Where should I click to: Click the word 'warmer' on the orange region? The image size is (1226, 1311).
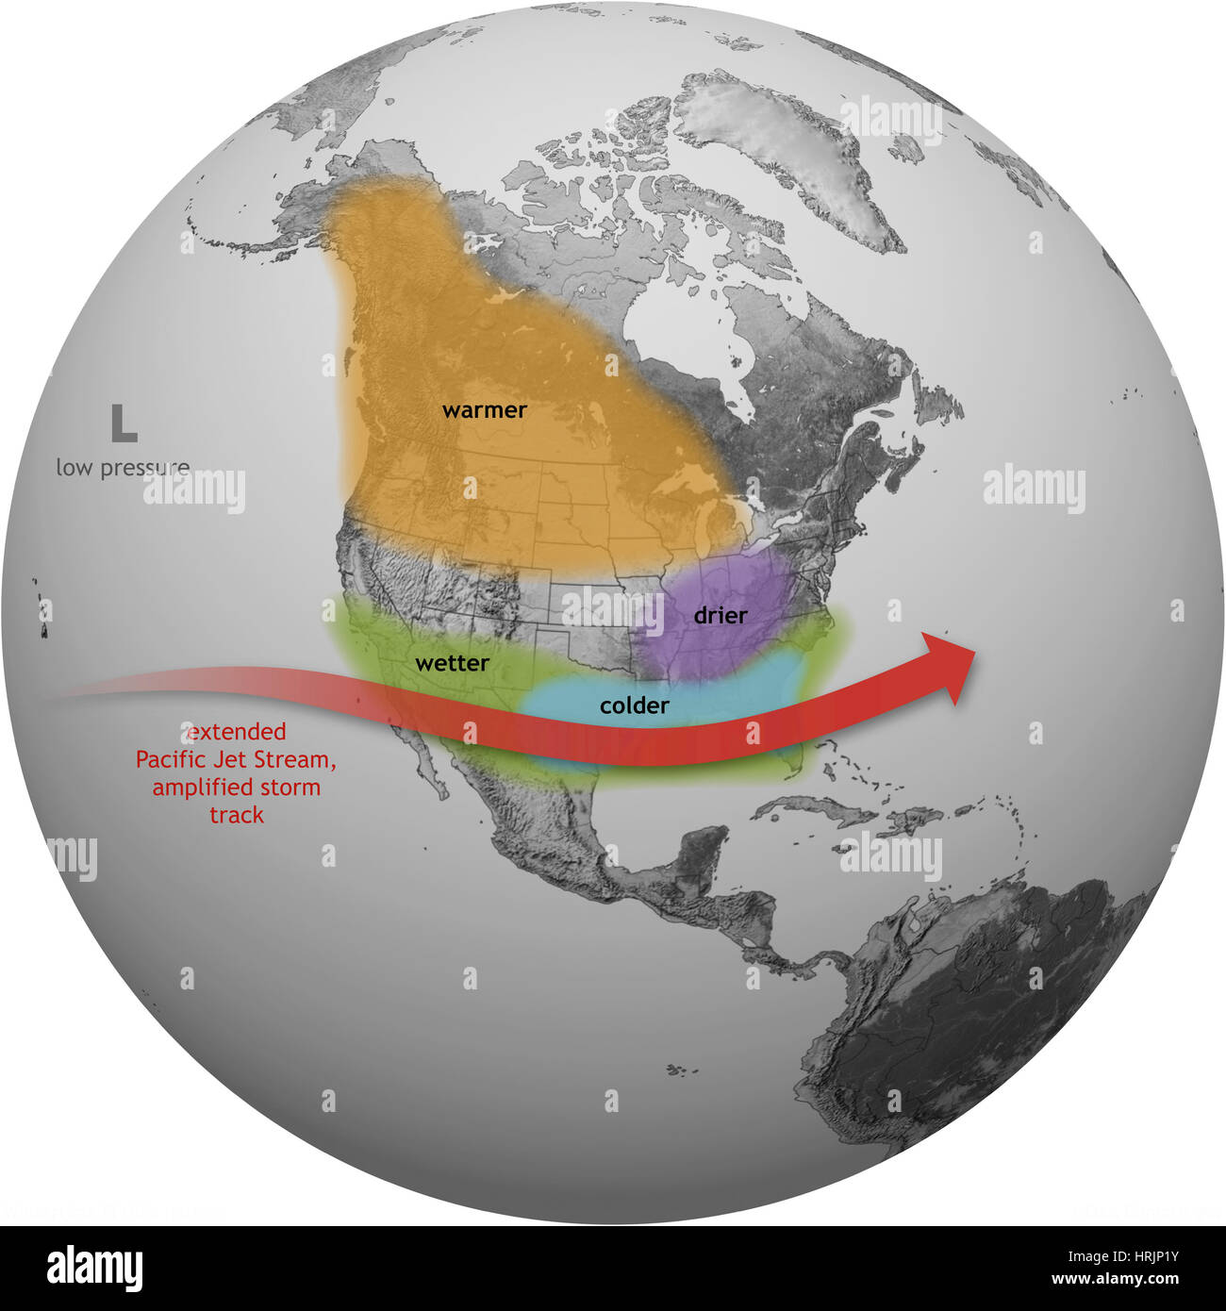click(x=484, y=410)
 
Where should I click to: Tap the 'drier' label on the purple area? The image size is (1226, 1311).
click(x=721, y=616)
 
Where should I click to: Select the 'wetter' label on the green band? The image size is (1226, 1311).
click(x=452, y=663)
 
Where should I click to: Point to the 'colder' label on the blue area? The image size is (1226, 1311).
click(x=635, y=705)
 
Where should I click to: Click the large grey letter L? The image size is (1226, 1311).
click(x=124, y=424)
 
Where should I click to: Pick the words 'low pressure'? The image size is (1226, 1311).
click(x=123, y=467)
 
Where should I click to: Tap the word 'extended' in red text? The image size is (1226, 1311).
click(x=236, y=731)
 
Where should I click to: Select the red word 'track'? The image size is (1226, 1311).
click(x=237, y=815)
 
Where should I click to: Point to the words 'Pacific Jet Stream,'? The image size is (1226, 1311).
click(x=236, y=759)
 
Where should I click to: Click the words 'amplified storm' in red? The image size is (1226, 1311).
click(x=236, y=787)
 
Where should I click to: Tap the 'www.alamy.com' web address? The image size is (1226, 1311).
click(x=1115, y=1280)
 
